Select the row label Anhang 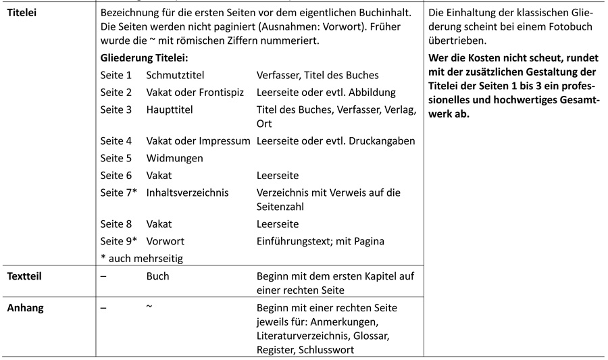tap(25, 308)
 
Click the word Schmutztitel tap(175, 75)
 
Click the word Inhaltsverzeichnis tap(187, 192)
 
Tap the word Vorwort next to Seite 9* tap(166, 241)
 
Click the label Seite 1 tap(116, 75)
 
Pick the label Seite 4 tap(116, 141)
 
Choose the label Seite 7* tap(118, 192)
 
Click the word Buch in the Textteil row tap(158, 276)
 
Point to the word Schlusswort tap(324, 349)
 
